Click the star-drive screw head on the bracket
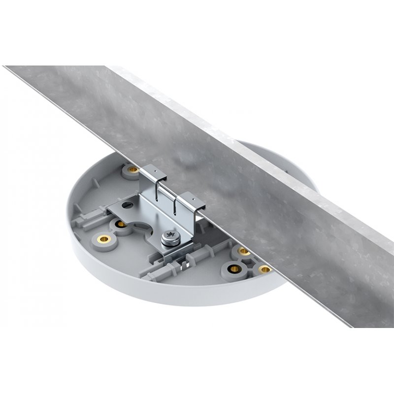pyautogui.click(x=171, y=232)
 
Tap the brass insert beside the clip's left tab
pyautogui.click(x=132, y=170)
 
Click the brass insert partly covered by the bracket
pyautogui.click(x=121, y=225)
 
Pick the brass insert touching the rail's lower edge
pyautogui.click(x=265, y=269)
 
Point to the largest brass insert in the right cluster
pyautogui.click(x=235, y=269)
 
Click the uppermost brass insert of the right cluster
pyautogui.click(x=244, y=251)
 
